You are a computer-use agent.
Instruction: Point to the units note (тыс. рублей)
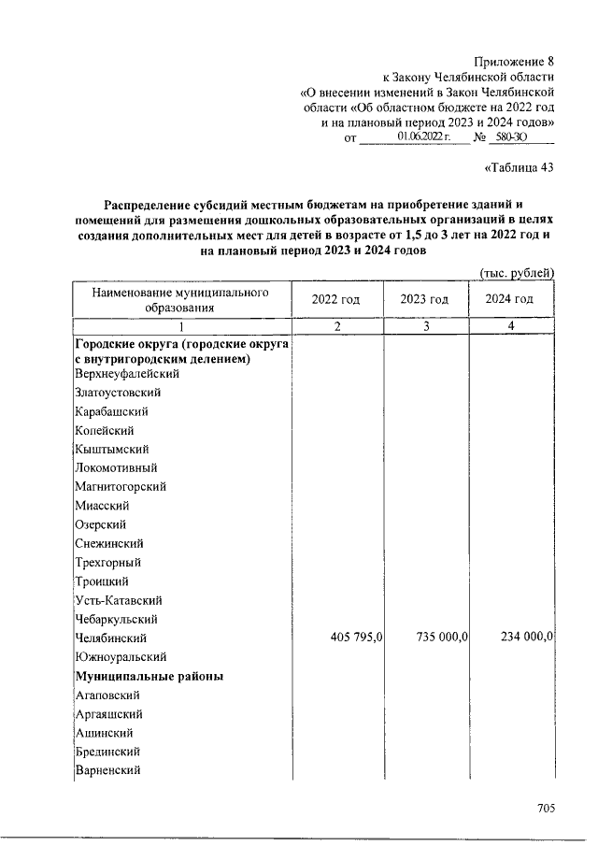click(x=518, y=272)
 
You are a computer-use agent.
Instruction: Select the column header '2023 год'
click(x=424, y=299)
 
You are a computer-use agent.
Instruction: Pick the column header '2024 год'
click(x=510, y=299)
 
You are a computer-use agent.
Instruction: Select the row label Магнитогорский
click(x=120, y=487)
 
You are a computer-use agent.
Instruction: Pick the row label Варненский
click(x=107, y=771)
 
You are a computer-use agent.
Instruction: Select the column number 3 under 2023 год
click(x=425, y=326)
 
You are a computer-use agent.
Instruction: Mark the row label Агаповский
click(x=107, y=695)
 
